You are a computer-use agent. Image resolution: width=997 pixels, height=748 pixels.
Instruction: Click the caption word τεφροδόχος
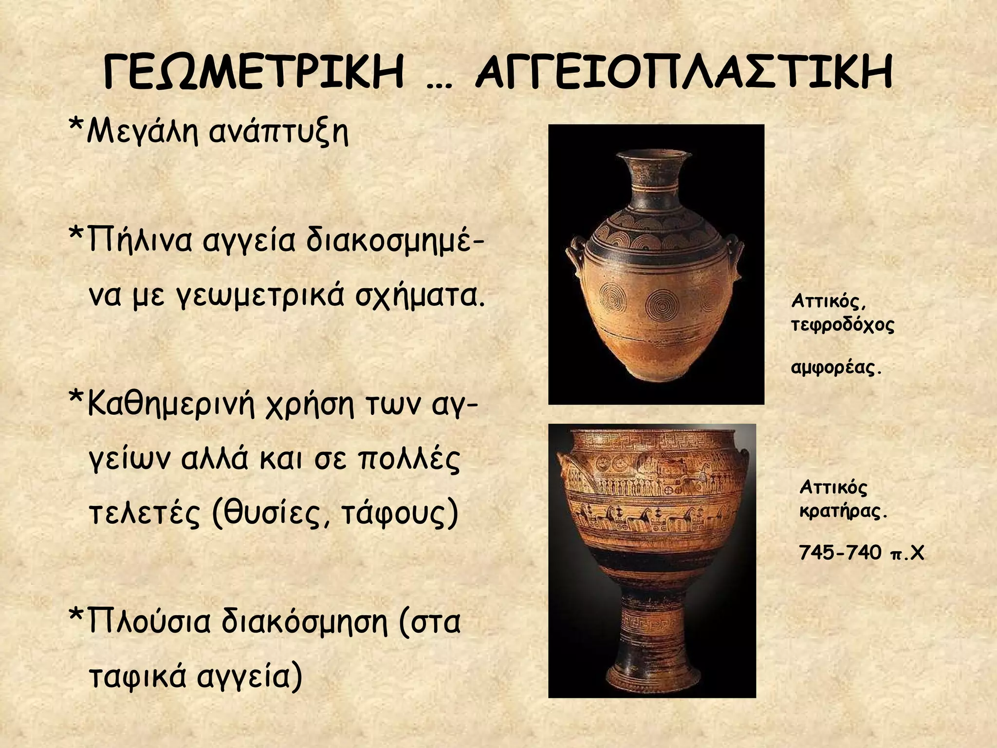(x=843, y=325)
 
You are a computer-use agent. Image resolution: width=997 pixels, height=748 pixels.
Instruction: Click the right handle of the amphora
(x=738, y=258)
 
